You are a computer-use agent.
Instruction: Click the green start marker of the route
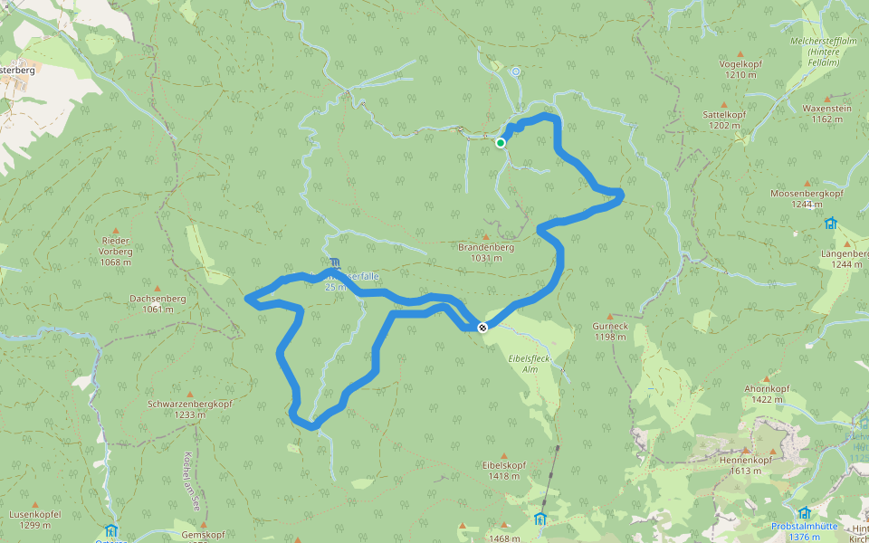pyautogui.click(x=501, y=142)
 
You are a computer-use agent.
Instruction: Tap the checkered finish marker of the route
pyautogui.click(x=482, y=328)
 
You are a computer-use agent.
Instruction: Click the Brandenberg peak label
pyautogui.click(x=486, y=252)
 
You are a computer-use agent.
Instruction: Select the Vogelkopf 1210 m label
pyautogui.click(x=740, y=69)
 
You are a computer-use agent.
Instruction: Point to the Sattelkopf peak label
pyautogui.click(x=725, y=119)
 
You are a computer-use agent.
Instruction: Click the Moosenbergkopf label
pyautogui.click(x=807, y=199)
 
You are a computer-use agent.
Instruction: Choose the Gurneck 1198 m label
pyautogui.click(x=610, y=331)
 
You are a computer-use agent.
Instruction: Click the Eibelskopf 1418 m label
pyautogui.click(x=504, y=470)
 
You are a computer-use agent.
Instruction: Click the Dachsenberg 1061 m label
pyautogui.click(x=158, y=303)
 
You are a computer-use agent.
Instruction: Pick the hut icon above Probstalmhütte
pyautogui.click(x=804, y=513)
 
